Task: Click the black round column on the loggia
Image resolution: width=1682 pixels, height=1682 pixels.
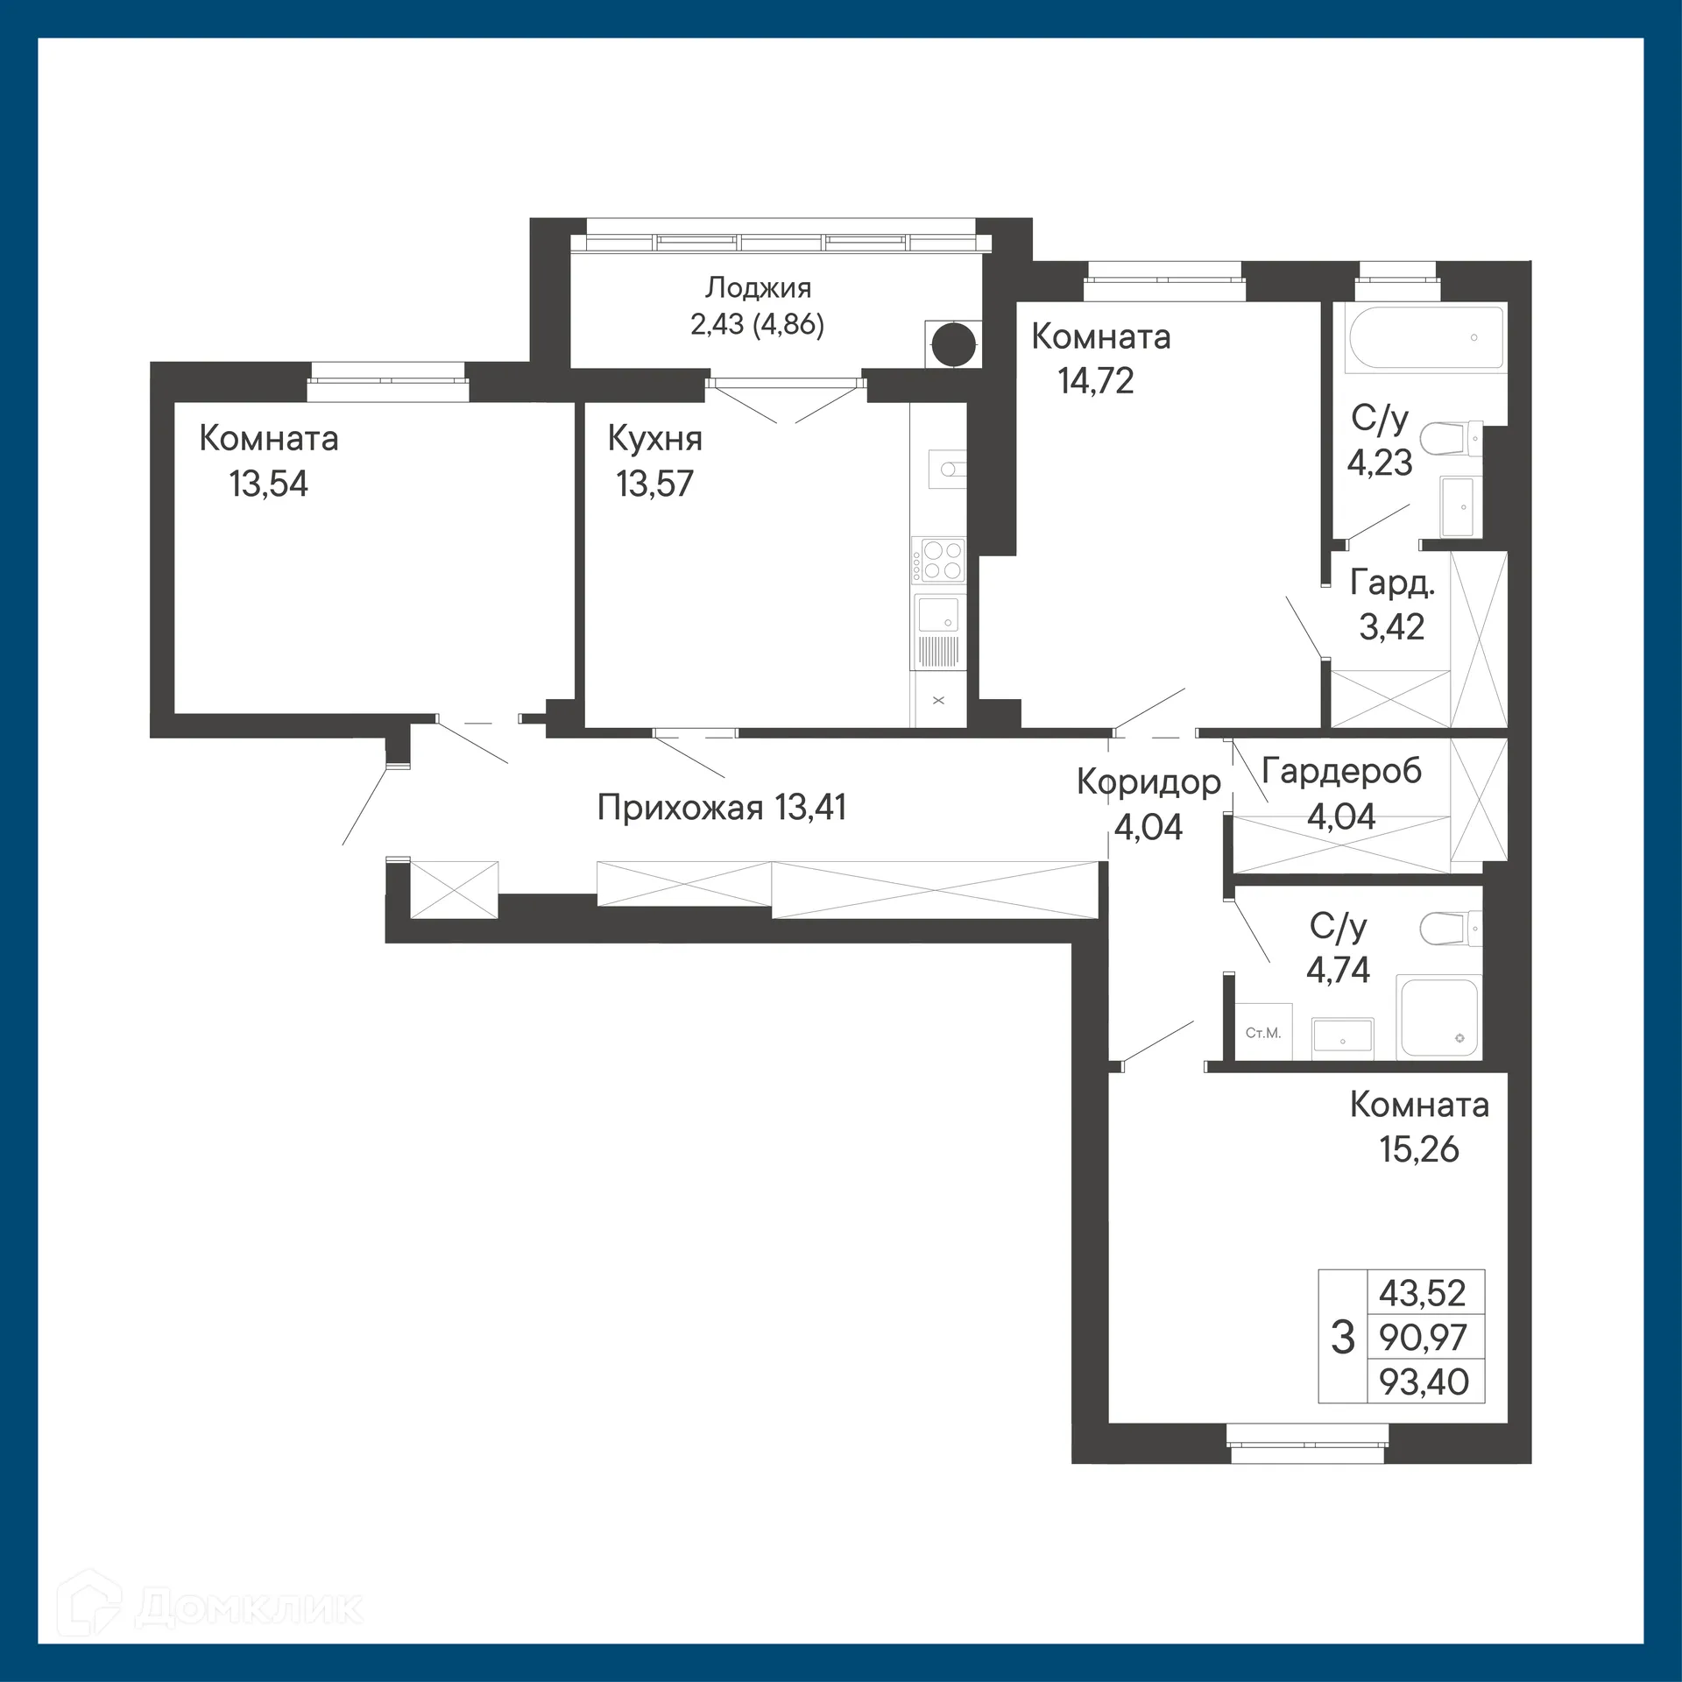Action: (953, 344)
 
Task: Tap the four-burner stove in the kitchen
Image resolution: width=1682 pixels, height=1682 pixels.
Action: (938, 561)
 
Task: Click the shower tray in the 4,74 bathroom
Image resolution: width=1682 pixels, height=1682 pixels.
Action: (1438, 1017)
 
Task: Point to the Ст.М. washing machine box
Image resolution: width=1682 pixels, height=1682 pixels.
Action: (1263, 1033)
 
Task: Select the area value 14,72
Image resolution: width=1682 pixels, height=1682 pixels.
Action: (1095, 381)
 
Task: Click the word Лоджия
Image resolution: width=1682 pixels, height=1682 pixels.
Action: (759, 287)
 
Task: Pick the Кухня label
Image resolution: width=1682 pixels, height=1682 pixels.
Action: (654, 438)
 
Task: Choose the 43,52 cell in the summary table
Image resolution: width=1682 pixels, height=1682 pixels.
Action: (1423, 1293)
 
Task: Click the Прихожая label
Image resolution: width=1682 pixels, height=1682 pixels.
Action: (680, 808)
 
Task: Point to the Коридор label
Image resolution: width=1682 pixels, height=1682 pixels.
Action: (1148, 781)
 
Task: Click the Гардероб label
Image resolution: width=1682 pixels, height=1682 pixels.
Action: (1341, 771)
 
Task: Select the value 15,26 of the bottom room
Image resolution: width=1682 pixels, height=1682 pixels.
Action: (1419, 1149)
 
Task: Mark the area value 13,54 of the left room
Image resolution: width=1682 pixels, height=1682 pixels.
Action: (269, 484)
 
